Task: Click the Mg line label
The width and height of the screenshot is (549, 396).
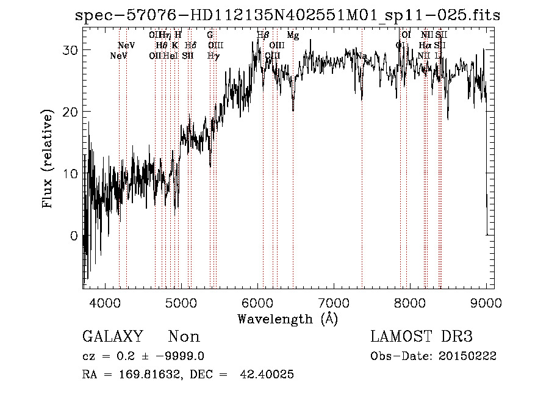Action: pos(293,35)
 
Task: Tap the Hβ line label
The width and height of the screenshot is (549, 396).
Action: pos(263,35)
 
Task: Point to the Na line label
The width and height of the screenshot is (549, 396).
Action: pos(362,56)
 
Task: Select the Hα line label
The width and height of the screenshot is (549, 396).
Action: pos(425,45)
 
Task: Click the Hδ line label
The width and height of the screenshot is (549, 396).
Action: pos(190,45)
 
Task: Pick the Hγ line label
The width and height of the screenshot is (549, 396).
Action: pos(213,56)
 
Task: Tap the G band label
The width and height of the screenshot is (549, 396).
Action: pos(210,35)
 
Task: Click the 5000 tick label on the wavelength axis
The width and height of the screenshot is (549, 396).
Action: pos(181,303)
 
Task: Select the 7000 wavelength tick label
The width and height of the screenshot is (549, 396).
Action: pos(334,303)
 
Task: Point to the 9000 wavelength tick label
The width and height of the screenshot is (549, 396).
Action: pos(486,303)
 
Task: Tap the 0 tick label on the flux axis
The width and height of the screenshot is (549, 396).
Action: pos(74,236)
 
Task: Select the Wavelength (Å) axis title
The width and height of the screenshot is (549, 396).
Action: pos(287,319)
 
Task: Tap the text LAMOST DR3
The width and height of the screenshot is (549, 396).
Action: pos(421,337)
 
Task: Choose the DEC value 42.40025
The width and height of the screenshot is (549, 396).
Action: pos(268,375)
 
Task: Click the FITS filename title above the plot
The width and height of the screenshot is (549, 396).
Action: pos(287,15)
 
